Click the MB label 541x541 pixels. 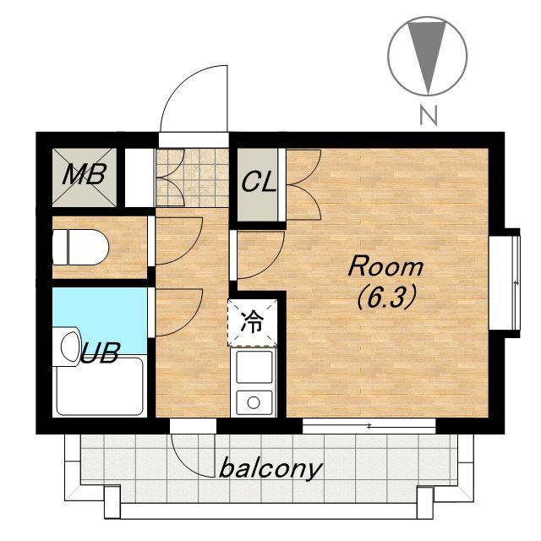tap(85, 174)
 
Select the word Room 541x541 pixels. tap(385, 266)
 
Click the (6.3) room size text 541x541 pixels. tap(385, 298)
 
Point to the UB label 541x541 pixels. tap(100, 352)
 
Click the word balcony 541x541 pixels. tap(270, 469)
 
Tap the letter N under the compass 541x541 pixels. tap(429, 115)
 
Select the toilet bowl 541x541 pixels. tap(81, 247)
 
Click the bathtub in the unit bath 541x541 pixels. tap(100, 386)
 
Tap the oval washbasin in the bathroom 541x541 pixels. tap(70, 347)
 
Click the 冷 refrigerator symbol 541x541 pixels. tap(252, 322)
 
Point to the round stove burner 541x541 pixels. tap(254, 402)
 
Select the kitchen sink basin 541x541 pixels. tap(254, 367)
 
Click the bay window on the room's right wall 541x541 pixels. tap(505, 283)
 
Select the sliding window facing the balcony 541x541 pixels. tap(369, 426)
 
